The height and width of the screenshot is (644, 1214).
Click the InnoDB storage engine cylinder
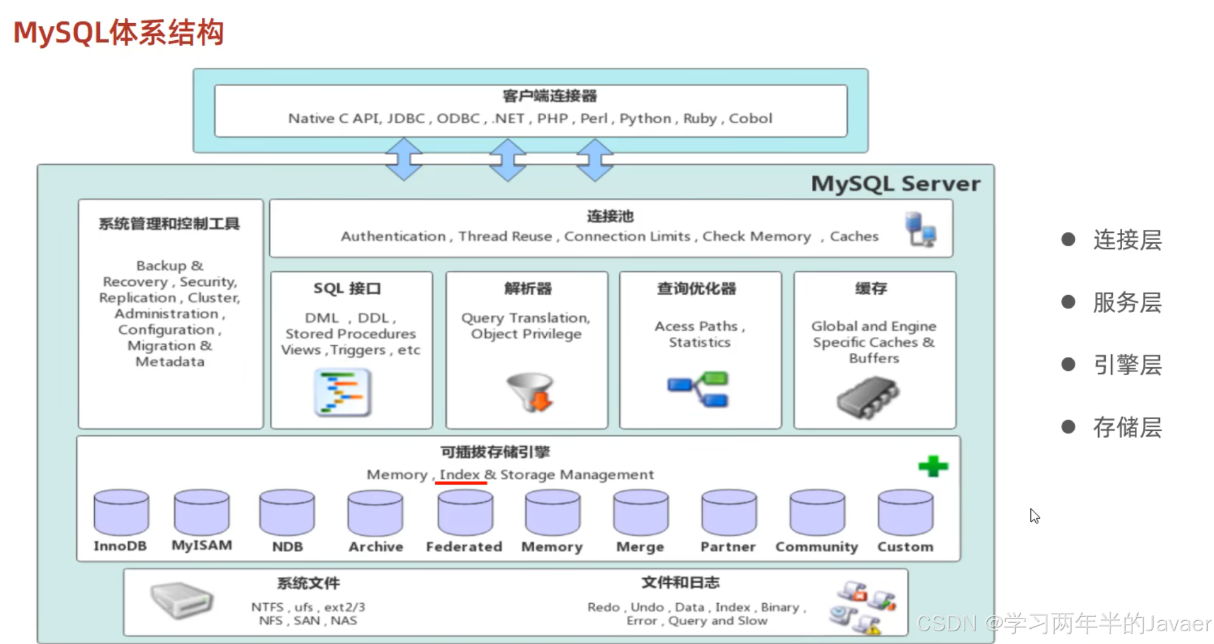pos(121,512)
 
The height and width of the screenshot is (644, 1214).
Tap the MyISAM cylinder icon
pos(202,512)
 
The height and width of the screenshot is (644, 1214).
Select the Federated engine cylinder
pos(465,512)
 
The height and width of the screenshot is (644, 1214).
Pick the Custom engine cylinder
pos(905,512)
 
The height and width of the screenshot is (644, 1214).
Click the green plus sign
pos(933,466)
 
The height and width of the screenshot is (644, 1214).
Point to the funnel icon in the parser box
pos(530,391)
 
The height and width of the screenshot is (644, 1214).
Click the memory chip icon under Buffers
pos(868,396)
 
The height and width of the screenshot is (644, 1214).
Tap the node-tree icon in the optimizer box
pos(699,389)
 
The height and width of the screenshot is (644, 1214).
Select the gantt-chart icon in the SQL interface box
pos(342,393)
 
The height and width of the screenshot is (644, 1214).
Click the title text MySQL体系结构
pos(119,33)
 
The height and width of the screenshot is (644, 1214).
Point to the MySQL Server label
pos(895,184)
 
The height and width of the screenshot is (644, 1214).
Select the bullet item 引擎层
pos(1127,365)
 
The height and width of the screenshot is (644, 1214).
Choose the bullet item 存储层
pos(1127,428)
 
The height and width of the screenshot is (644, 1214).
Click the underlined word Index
pos(460,474)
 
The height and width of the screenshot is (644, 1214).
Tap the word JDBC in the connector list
pos(406,119)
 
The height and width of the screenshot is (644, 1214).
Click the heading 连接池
pos(610,216)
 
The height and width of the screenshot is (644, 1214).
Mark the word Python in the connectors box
pos(645,119)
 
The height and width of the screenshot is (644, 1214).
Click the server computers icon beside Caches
pos(920,229)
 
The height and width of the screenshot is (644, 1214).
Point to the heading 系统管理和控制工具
pos(169,224)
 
